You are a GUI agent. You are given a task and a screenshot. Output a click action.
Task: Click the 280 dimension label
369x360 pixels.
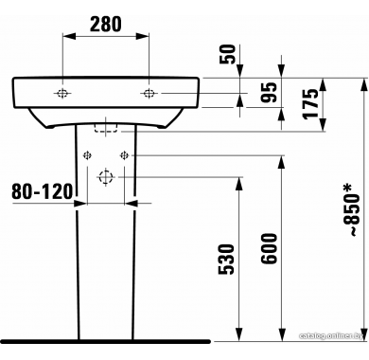[105, 25]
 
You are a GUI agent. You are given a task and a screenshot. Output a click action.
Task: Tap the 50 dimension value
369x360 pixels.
[228, 54]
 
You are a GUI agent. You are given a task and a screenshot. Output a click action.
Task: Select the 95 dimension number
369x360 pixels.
[270, 92]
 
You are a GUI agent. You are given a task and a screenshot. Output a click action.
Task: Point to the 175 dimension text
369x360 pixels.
[310, 103]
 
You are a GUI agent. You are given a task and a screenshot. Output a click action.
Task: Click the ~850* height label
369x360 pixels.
[351, 210]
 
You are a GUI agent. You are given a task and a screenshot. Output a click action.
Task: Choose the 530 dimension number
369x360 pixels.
[227, 259]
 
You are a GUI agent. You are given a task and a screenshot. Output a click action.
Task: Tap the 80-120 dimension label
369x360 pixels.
[43, 191]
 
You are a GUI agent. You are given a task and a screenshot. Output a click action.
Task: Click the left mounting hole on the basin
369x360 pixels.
[62, 93]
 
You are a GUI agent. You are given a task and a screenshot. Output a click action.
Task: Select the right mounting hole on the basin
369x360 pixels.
[149, 93]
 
